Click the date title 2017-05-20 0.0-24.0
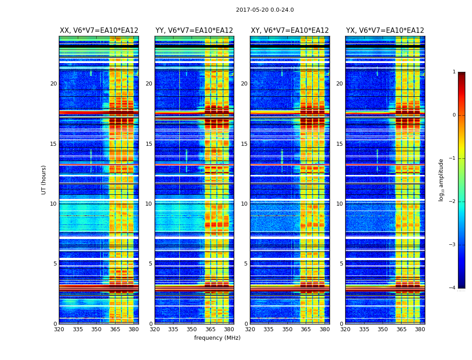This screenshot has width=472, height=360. pyautogui.click(x=265, y=10)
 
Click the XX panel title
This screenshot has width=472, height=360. pyautogui.click(x=99, y=31)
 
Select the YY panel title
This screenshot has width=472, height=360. pyautogui.click(x=194, y=31)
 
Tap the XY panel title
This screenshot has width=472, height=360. pyautogui.click(x=289, y=31)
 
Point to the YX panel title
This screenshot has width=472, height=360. pyautogui.click(x=385, y=31)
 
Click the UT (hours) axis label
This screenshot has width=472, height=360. pyautogui.click(x=44, y=180)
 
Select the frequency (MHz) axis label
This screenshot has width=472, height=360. pyautogui.click(x=217, y=338)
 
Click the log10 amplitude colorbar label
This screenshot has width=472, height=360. pyautogui.click(x=441, y=180)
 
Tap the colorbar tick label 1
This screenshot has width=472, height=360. pyautogui.click(x=454, y=72)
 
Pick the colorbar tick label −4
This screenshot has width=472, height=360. pyautogui.click(x=453, y=288)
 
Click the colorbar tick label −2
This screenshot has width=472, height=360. pyautogui.click(x=453, y=202)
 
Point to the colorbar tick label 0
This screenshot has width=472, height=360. pyautogui.click(x=454, y=115)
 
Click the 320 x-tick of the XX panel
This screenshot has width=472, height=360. pyautogui.click(x=59, y=329)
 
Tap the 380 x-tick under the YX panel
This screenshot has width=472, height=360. pyautogui.click(x=420, y=329)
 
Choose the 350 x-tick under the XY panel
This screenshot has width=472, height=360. pyautogui.click(x=287, y=329)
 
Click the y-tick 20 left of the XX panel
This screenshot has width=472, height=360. pyautogui.click(x=53, y=84)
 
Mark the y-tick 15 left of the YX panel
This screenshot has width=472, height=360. pyautogui.click(x=340, y=144)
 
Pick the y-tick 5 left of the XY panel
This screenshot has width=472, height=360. pyautogui.click(x=246, y=264)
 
